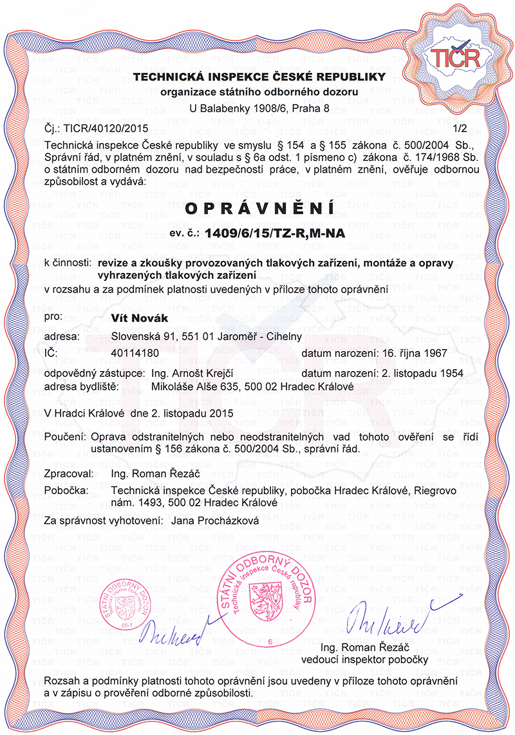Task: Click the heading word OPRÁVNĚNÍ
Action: tap(259, 209)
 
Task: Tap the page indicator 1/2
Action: tap(458, 129)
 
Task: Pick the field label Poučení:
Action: tap(65, 437)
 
